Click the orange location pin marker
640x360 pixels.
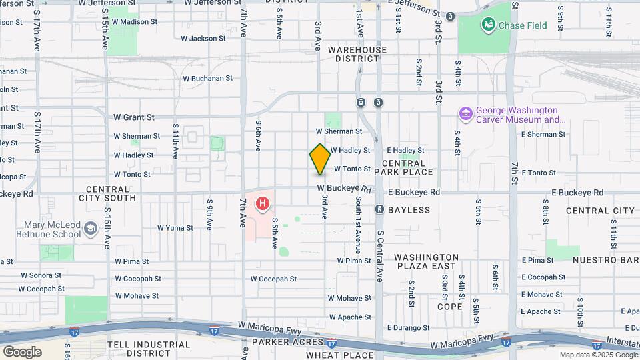tap(320, 159)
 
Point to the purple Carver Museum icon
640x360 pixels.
tap(465, 115)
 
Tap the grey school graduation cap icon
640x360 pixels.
tap(89, 230)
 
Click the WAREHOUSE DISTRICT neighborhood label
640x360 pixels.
tap(357, 54)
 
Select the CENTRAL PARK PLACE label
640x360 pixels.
tap(407, 167)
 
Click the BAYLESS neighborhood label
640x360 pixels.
tap(410, 210)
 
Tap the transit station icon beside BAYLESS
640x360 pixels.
tap(379, 210)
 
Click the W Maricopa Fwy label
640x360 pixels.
tap(266, 325)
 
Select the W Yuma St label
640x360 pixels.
tap(171, 227)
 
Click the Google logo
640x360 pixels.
tap(22, 352)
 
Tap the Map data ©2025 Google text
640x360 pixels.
tap(598, 355)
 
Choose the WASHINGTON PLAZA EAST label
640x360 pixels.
tap(425, 261)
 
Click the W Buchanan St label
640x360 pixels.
tap(208, 78)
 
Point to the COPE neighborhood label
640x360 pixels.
tap(449, 307)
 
